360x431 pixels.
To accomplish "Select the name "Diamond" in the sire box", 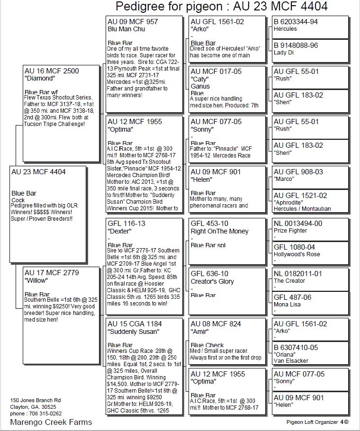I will [x=39, y=78].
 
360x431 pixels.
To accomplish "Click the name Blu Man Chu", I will [x=126, y=29].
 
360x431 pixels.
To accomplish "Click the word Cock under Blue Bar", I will [x=18, y=200].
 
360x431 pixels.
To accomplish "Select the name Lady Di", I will [x=284, y=53].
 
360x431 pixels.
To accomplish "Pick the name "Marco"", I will [x=284, y=179].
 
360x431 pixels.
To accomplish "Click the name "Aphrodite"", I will [x=289, y=202].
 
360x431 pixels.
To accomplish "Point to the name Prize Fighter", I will [x=290, y=231].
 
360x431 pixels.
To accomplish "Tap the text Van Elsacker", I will [x=291, y=361].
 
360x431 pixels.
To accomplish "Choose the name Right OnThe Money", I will [x=219, y=232].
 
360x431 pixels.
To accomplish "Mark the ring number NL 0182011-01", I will [x=298, y=274].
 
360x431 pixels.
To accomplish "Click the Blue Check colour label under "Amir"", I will [x=207, y=345].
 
